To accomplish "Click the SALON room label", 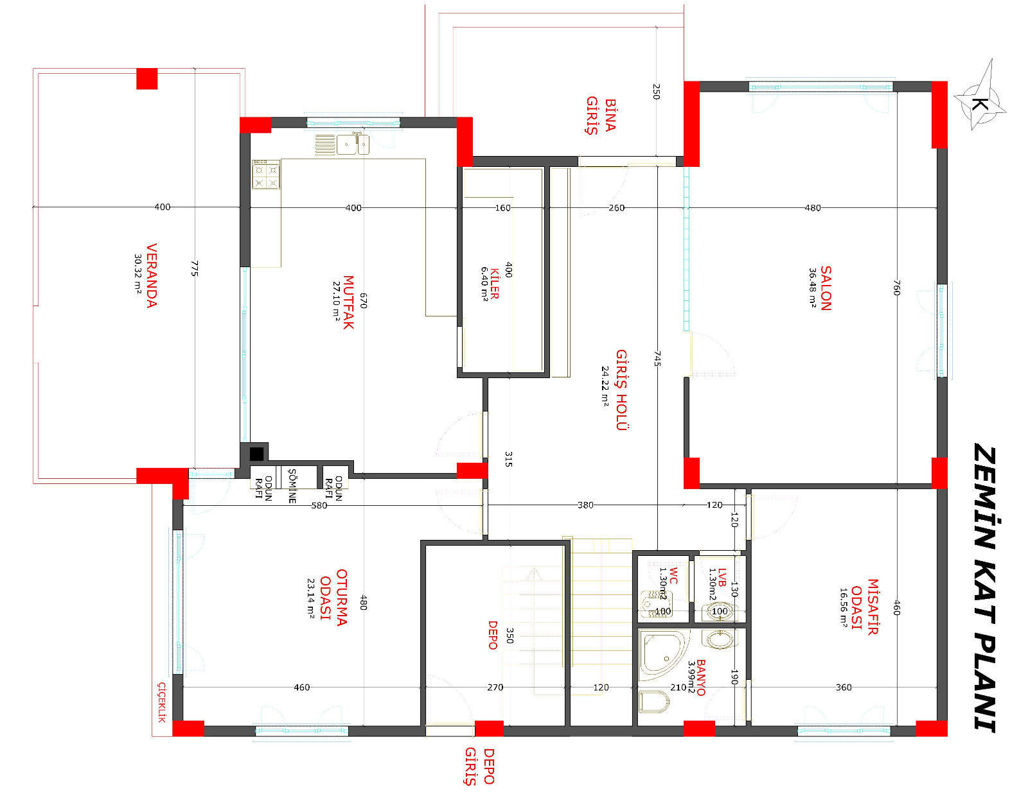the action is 825,288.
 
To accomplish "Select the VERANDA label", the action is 152,275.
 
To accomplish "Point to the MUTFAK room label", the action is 348,302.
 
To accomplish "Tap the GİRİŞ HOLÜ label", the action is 622,390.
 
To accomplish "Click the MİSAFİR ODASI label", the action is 865,607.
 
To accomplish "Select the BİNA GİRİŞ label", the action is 601,116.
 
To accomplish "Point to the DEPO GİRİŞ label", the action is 479,766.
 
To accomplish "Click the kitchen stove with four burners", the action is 266,175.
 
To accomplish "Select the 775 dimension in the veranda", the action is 195,268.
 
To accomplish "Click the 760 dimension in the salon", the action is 896,288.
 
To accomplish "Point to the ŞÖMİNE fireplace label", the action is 292,486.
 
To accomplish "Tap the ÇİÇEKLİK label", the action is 162,702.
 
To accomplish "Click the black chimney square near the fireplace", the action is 256,454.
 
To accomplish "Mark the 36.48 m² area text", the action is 812,288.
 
